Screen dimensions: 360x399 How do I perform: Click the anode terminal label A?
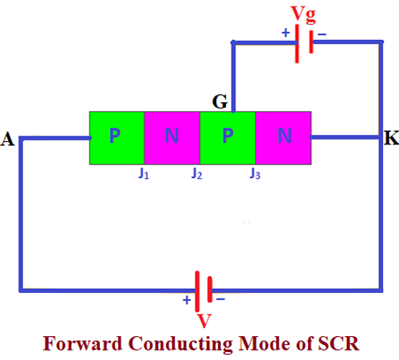[x=9, y=140]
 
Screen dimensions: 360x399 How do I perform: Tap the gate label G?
[x=219, y=101]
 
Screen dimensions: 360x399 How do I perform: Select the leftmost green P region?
[x=117, y=137]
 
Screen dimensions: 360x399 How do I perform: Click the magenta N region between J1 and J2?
[x=172, y=137]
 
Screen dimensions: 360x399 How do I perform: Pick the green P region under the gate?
[x=227, y=137]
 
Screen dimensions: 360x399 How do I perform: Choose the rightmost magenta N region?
[x=283, y=137]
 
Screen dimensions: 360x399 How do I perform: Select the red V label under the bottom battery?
[x=204, y=322]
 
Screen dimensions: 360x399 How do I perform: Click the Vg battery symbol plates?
[x=303, y=42]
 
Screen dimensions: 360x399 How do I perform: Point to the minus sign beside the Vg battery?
[x=322, y=34]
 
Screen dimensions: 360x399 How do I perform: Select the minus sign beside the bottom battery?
[x=220, y=299]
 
